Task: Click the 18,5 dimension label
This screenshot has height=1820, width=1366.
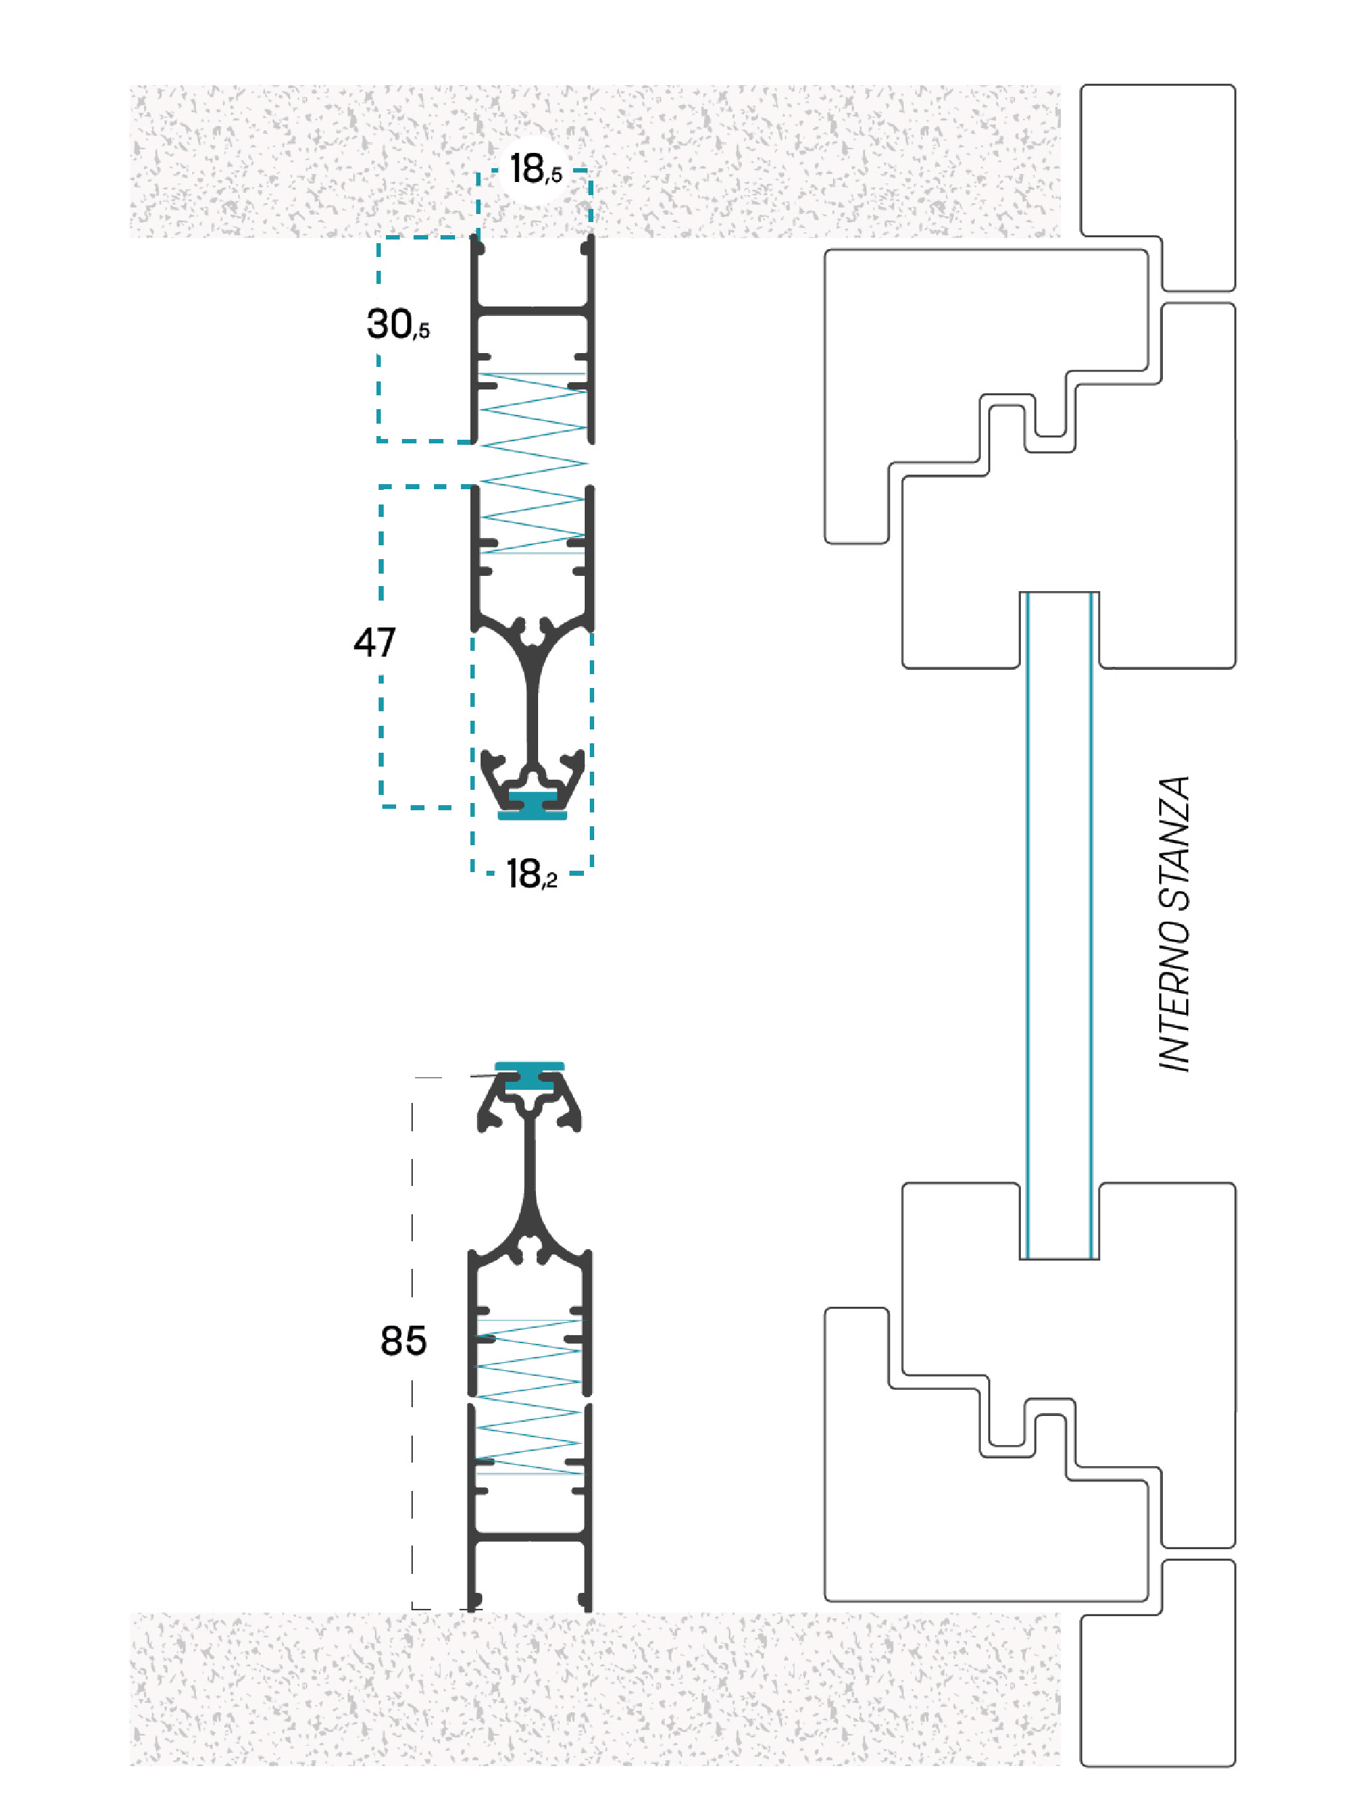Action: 536,170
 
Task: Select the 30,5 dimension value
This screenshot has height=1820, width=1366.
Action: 398,324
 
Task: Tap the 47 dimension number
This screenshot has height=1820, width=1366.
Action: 374,642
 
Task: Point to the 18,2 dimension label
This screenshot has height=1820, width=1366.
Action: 532,874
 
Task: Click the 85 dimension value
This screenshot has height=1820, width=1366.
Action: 403,1341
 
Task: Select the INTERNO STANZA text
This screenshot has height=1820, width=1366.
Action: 1174,924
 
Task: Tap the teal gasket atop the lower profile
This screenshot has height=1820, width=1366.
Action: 529,1076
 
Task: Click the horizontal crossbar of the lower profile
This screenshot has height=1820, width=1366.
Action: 530,1537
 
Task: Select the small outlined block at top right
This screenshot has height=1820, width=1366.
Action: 1158,188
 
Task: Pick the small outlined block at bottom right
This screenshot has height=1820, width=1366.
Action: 1158,1663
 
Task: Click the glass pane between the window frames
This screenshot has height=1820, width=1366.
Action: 1059,925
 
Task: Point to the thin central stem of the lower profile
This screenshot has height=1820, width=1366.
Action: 530,1160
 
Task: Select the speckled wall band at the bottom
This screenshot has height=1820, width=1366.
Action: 595,1688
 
